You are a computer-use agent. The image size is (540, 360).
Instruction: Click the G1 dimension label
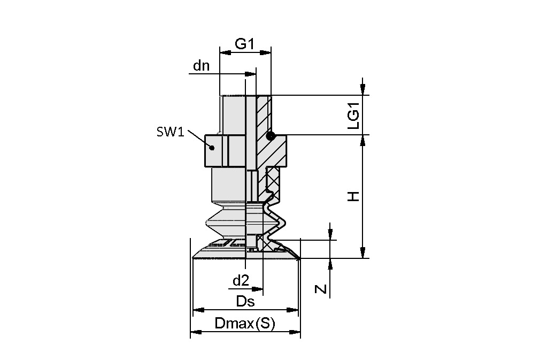click(x=244, y=44)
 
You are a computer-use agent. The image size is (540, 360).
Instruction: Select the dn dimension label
click(x=202, y=66)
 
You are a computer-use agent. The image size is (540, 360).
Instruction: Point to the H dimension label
click(x=354, y=197)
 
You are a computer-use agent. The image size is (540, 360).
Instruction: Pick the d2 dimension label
click(x=241, y=280)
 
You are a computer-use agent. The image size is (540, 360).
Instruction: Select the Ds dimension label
click(x=245, y=301)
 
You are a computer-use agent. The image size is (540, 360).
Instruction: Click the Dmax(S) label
click(x=244, y=324)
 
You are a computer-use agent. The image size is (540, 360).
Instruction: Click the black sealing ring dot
click(x=271, y=135)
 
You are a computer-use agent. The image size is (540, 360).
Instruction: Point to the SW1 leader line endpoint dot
click(x=212, y=148)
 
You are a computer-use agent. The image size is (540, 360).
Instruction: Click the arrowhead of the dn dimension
click(x=250, y=74)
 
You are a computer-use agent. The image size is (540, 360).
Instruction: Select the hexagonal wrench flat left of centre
click(x=217, y=150)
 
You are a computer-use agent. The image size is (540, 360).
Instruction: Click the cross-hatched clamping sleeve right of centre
click(x=277, y=179)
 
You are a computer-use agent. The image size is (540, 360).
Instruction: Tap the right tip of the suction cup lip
click(x=300, y=258)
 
